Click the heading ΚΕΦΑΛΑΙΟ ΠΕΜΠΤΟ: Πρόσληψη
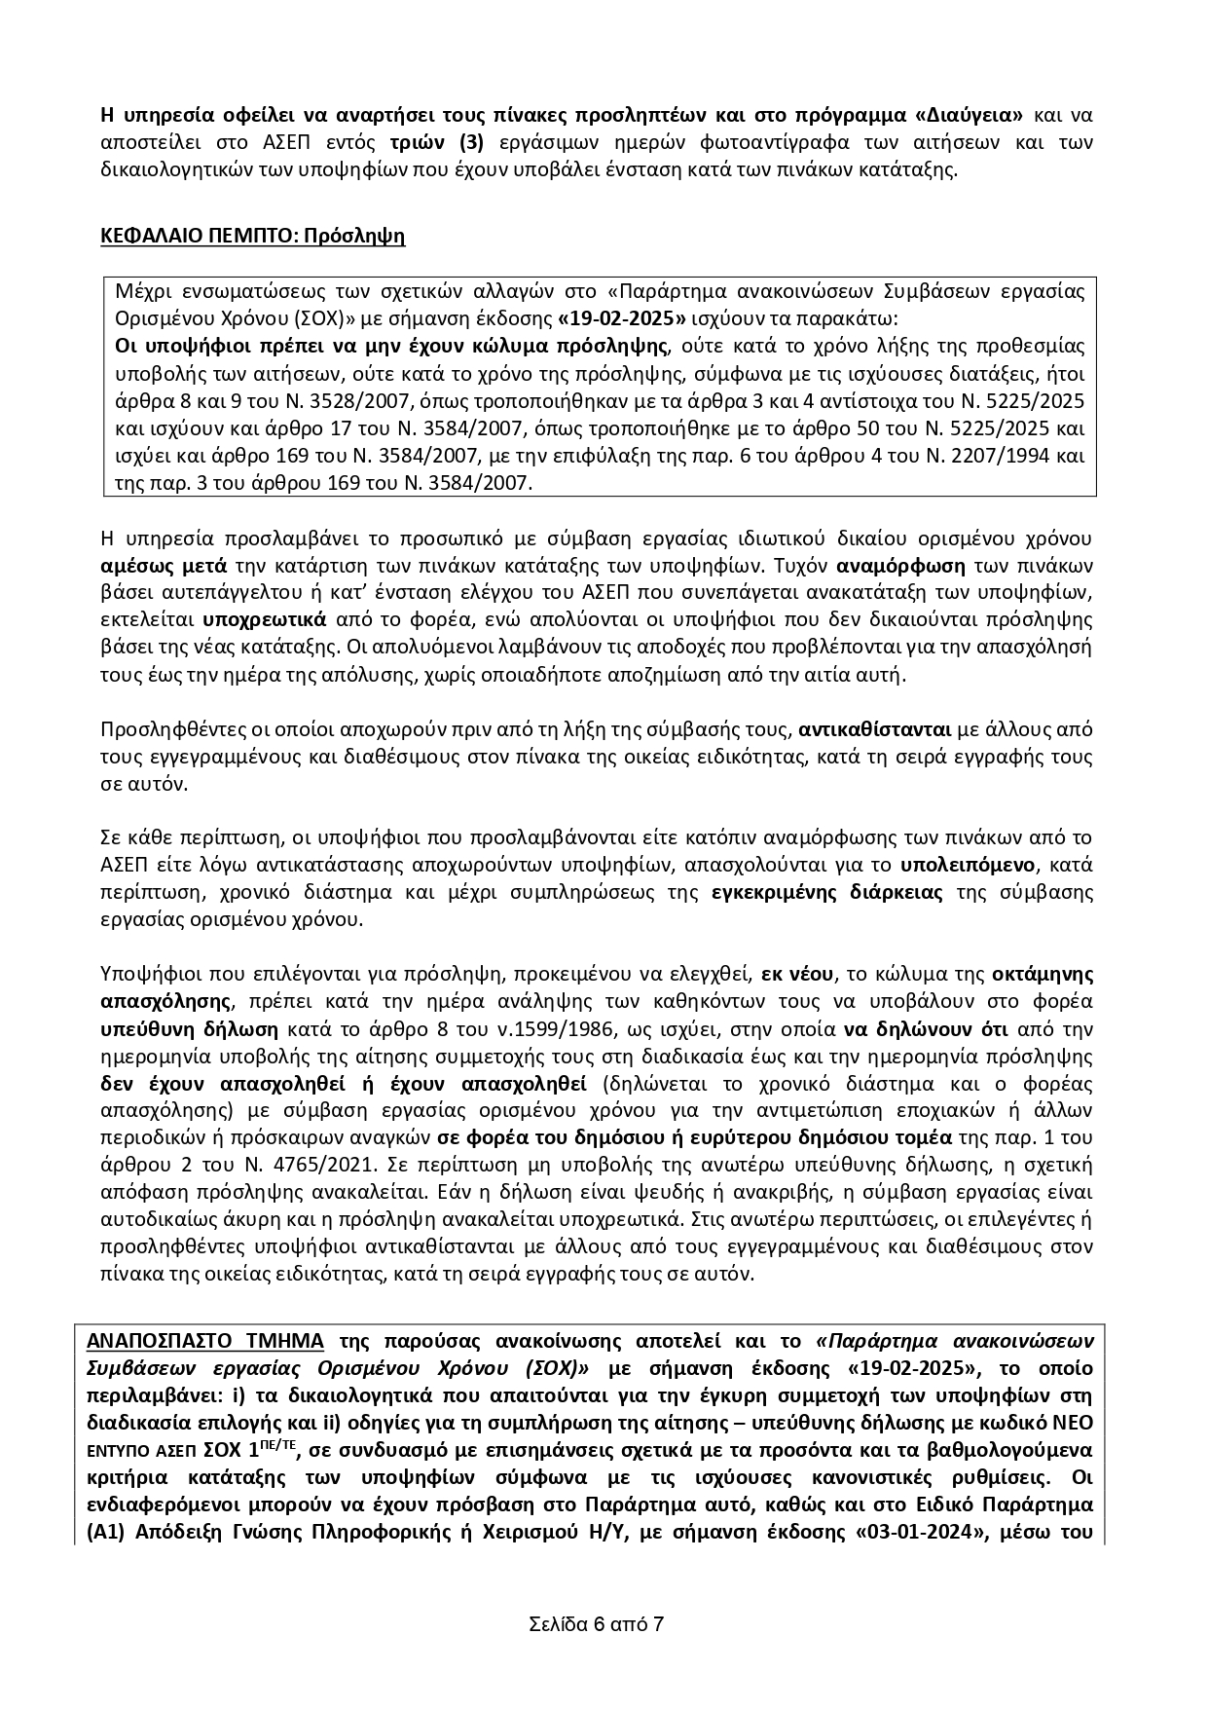click(x=253, y=236)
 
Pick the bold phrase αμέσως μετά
click(x=164, y=566)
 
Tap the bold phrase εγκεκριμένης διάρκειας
click(x=827, y=892)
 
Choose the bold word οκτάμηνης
click(x=1043, y=974)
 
